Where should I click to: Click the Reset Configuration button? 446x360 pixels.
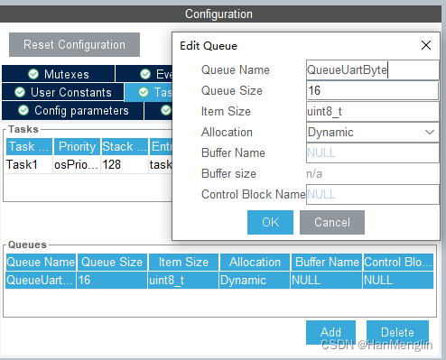[74, 45]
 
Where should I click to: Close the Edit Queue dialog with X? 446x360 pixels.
[426, 45]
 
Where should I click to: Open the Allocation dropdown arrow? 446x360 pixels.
[430, 132]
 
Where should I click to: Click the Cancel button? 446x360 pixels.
[331, 222]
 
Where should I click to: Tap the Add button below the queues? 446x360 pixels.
[330, 332]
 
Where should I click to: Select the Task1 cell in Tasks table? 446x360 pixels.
[27, 164]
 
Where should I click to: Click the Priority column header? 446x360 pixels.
[77, 146]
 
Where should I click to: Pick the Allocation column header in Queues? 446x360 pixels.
[255, 262]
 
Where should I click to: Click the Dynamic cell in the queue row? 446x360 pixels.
[255, 281]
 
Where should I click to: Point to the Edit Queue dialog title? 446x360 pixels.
[209, 45]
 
